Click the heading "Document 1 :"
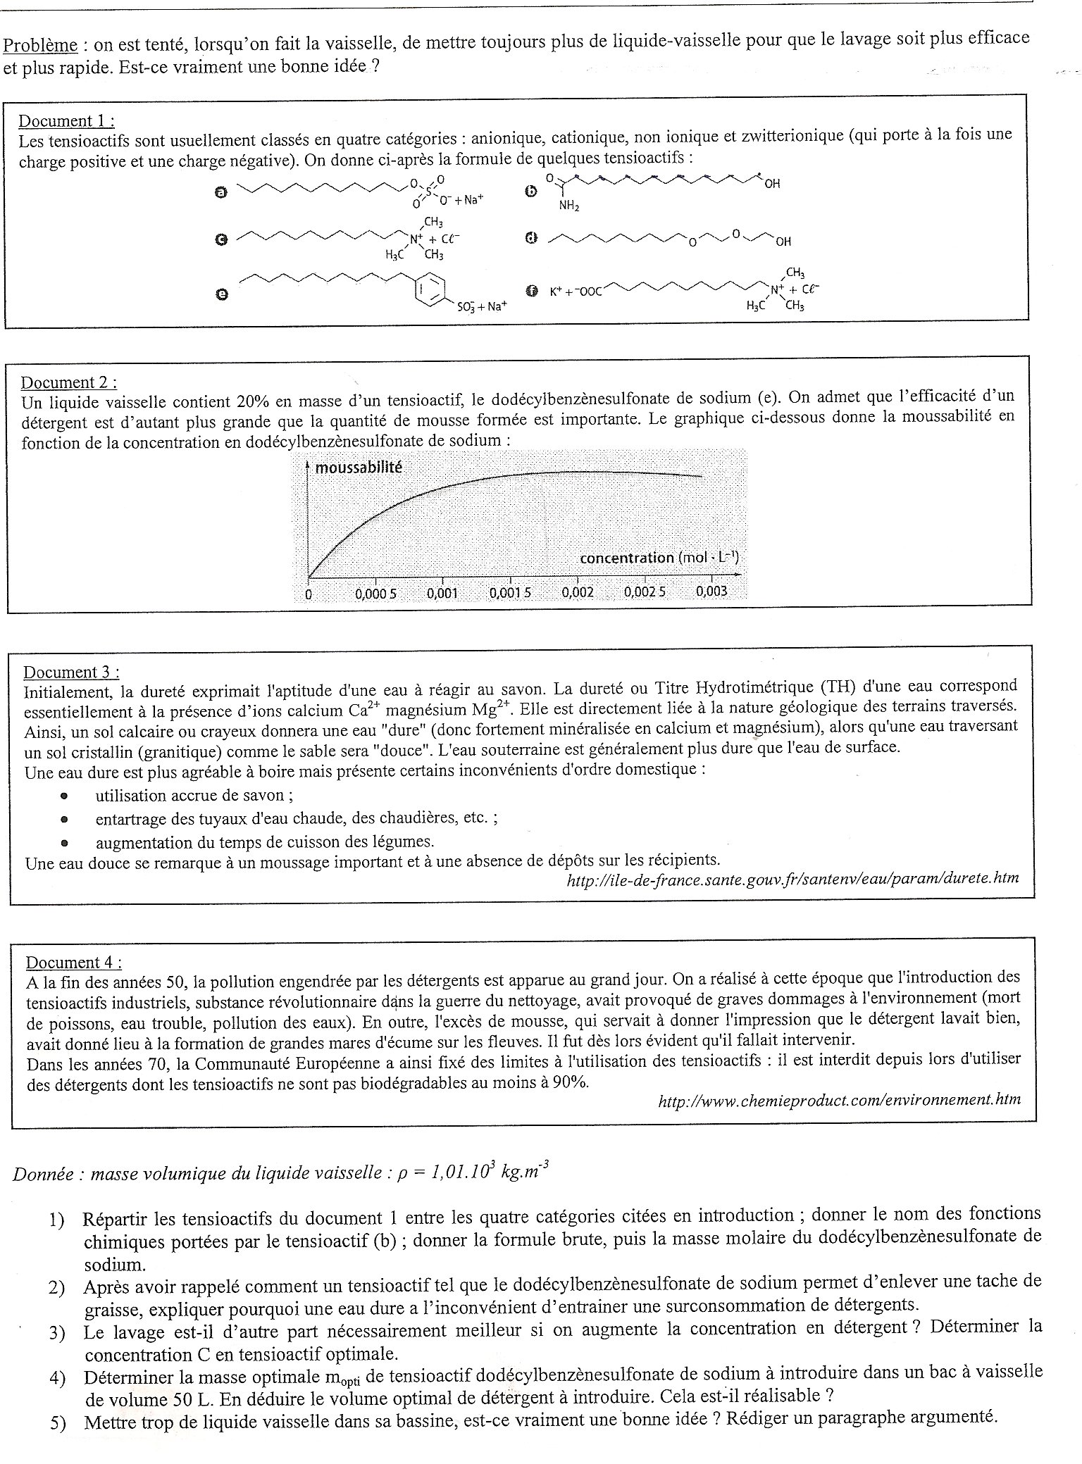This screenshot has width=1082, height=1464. [x=66, y=120]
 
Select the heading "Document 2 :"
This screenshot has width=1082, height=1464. [x=68, y=382]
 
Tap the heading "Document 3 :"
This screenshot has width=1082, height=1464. [x=71, y=672]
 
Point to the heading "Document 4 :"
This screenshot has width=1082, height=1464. [x=73, y=962]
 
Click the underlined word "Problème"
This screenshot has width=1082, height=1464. [x=39, y=45]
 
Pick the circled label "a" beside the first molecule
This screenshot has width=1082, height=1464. [x=220, y=192]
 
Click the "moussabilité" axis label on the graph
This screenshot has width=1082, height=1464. [x=358, y=467]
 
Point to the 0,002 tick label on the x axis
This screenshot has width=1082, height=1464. [x=578, y=592]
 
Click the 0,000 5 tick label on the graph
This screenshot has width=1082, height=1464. [x=375, y=594]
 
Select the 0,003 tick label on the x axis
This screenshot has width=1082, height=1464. [x=711, y=591]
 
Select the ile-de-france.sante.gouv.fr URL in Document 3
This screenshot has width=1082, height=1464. [x=792, y=878]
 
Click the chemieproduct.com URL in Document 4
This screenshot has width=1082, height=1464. [x=838, y=1099]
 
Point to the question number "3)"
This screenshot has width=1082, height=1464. [x=57, y=1332]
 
